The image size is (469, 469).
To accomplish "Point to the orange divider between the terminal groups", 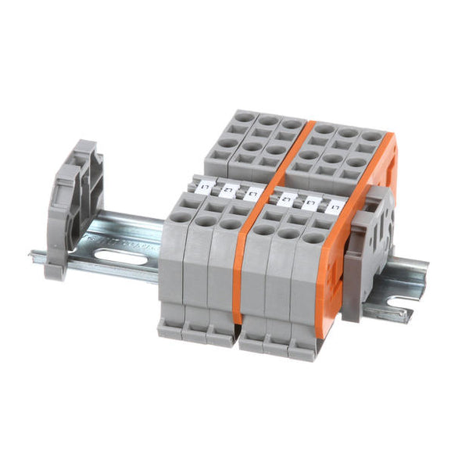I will [249, 258].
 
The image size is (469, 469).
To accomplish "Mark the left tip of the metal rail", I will [33, 253].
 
